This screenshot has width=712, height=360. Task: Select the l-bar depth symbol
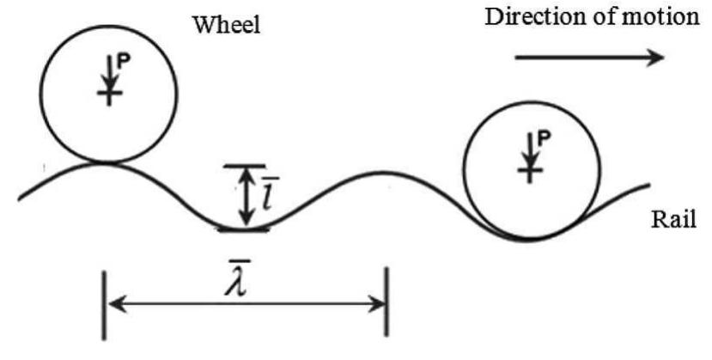coord(268,196)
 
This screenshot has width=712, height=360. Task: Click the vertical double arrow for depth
coord(246,195)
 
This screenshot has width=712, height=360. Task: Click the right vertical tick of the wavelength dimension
coord(387,303)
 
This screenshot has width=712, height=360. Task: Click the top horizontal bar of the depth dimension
coord(246,166)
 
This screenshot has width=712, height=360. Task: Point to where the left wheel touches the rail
coord(108,162)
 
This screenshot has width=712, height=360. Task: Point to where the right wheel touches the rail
coord(529,237)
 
